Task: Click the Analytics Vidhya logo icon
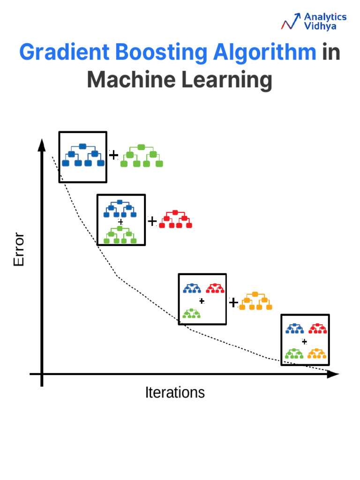pos(291,22)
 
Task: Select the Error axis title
pos(19,249)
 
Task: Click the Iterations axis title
pos(175,392)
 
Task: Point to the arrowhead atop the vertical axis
pos(42,145)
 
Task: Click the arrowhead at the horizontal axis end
pos(333,374)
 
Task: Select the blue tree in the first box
pos(83,155)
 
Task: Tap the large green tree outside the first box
pos(141,156)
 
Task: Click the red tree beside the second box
pos(175,219)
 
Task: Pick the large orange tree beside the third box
pos(255,301)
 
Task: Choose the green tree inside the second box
pos(120,235)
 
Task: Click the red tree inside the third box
pos(215,288)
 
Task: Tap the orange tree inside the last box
pos(317,353)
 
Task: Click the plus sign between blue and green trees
pos(113,155)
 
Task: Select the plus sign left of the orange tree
pos(233,302)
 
